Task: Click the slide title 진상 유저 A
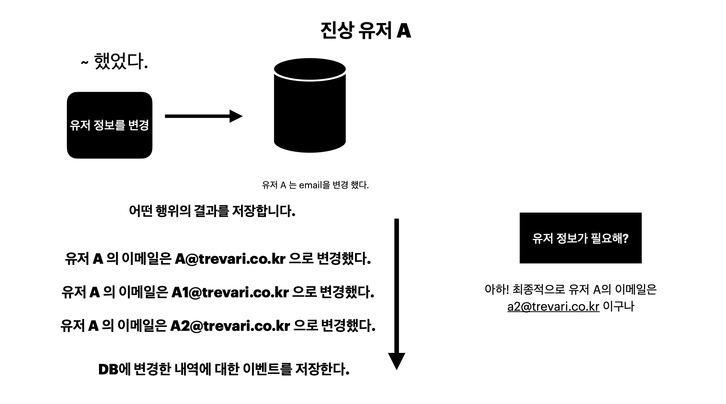click(365, 31)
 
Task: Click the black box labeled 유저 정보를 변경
click(109, 125)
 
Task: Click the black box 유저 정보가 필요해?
click(580, 238)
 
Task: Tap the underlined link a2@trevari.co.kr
click(553, 306)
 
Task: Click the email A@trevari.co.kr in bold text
click(230, 259)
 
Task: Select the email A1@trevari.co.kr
click(230, 292)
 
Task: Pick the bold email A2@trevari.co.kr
click(230, 325)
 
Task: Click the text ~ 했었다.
click(114, 62)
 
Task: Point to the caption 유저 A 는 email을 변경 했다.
click(315, 185)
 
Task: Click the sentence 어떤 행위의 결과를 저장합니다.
click(212, 210)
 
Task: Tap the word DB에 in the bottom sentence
click(114, 369)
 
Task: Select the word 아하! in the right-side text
click(496, 289)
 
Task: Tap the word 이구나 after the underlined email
click(618, 306)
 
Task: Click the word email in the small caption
click(310, 185)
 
